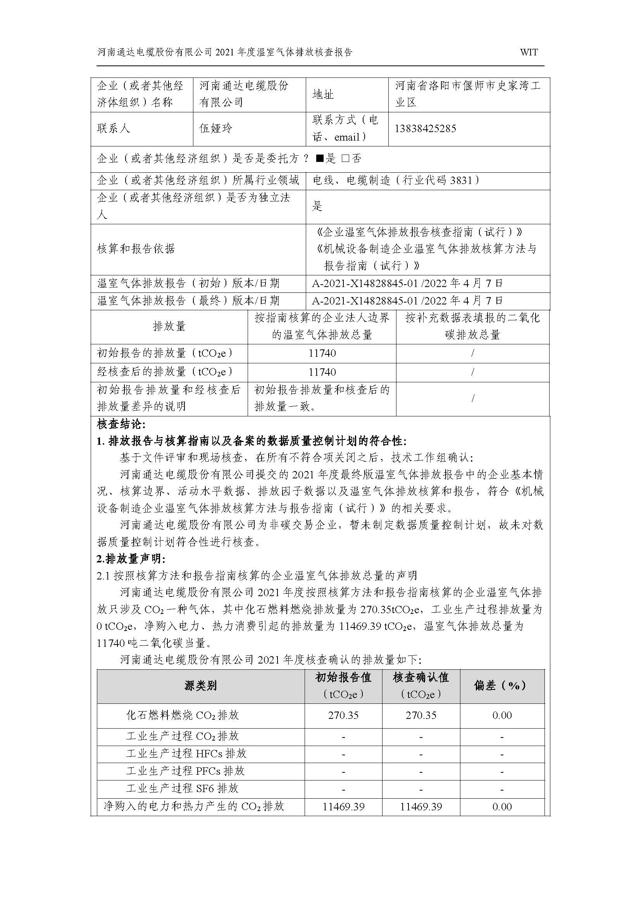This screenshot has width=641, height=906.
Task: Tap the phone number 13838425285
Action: [425, 129]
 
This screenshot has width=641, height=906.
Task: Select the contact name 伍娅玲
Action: [215, 129]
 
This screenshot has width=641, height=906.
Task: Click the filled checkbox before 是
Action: [319, 159]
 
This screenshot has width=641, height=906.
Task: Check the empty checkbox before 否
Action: [345, 159]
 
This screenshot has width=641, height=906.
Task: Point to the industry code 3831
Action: [461, 181]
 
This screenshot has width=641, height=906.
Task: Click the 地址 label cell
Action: [323, 95]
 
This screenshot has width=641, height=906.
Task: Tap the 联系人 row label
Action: [114, 129]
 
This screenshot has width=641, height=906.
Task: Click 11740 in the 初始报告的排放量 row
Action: [322, 353]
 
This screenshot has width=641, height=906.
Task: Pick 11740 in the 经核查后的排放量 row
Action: [322, 372]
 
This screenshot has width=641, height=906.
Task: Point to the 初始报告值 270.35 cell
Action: [343, 715]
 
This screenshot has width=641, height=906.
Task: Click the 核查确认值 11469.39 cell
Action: [421, 806]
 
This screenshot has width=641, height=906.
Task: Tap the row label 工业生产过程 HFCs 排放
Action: [186, 754]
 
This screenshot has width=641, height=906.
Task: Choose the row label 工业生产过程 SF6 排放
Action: [182, 789]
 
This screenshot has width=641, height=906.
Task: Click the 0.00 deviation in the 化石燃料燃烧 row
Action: [501, 715]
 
